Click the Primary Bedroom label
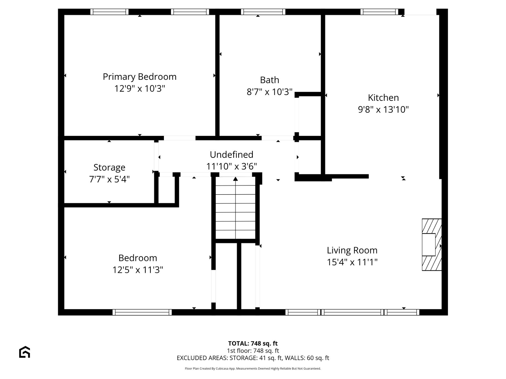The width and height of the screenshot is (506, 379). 140,77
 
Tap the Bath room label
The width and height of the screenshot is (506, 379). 269,80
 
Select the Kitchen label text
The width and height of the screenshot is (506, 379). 383,98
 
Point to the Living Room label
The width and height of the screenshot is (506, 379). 352,250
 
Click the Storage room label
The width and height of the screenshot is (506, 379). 109,168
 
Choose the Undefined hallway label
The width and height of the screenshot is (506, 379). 231,154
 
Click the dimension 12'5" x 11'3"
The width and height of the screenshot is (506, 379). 138,270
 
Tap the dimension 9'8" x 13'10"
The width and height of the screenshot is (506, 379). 383,109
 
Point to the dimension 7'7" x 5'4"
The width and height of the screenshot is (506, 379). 109,179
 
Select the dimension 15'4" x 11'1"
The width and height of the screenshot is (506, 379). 352,262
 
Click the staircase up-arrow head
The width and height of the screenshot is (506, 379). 235,179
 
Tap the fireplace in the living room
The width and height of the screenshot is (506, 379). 432,245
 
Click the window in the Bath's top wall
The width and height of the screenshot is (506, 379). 263,12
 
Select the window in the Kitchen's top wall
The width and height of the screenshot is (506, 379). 379,12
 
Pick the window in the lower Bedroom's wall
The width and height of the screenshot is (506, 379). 142,312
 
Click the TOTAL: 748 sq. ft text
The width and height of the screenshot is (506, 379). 253,343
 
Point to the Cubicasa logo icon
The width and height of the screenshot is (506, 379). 25,352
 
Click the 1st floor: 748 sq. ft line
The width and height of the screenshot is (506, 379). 253,351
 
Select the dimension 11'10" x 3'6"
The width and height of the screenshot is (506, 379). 231,166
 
